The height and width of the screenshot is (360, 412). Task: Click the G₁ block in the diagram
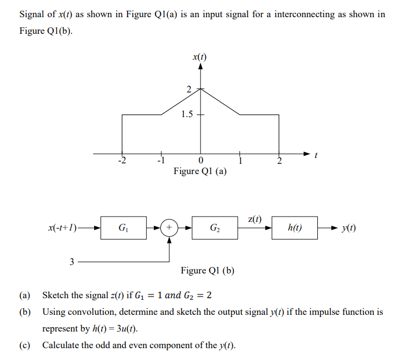coord(123,228)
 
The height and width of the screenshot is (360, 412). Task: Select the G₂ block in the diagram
coord(215,228)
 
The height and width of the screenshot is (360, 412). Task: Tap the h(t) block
coord(295,228)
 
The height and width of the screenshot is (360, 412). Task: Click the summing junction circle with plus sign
coord(169,228)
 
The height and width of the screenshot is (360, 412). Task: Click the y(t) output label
coord(348,228)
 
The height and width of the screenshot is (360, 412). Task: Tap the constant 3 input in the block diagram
coord(72,262)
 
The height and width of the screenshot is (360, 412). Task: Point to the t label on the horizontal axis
coord(316,157)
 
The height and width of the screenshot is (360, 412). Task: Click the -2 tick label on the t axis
coord(122,161)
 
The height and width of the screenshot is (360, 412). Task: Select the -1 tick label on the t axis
coord(159,161)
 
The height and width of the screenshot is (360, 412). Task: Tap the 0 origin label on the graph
coord(201,161)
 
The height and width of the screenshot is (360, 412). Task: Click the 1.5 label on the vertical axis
coord(188,114)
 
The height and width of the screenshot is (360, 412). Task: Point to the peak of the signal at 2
coord(201,89)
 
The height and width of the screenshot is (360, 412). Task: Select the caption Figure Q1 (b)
coord(207,270)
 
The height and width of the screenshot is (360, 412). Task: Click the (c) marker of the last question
coord(24,345)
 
